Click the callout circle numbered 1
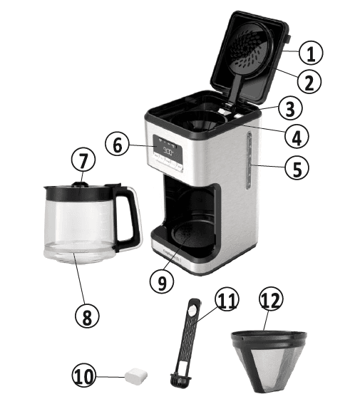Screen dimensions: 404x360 click(310, 52)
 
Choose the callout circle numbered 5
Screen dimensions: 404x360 click(297, 169)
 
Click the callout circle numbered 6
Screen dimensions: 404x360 click(118, 145)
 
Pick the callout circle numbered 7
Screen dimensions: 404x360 click(83, 160)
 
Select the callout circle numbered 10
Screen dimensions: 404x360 click(87, 375)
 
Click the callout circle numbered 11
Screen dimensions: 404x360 click(226, 301)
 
